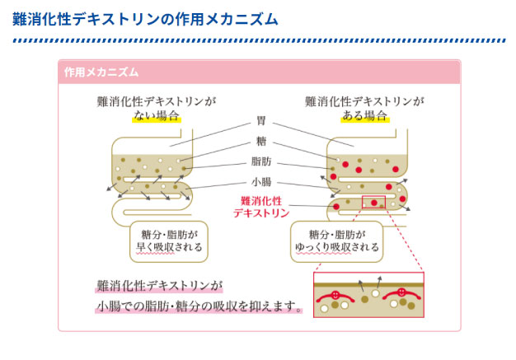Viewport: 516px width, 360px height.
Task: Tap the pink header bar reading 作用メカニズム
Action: [101, 72]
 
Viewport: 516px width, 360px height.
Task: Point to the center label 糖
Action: [261, 141]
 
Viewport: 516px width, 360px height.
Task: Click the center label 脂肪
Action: [261, 161]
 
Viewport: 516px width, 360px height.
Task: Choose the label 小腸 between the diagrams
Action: [261, 182]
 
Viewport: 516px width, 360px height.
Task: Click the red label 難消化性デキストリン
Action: [261, 206]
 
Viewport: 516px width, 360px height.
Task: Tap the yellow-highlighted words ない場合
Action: [156, 116]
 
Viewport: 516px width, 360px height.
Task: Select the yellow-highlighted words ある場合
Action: [364, 116]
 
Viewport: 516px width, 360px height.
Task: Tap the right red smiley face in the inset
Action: [399, 292]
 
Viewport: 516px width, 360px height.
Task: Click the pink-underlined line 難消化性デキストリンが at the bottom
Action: [159, 287]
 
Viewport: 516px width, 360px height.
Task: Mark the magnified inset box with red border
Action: [368, 295]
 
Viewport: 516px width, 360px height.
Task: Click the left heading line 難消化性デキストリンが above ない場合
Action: [156, 101]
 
